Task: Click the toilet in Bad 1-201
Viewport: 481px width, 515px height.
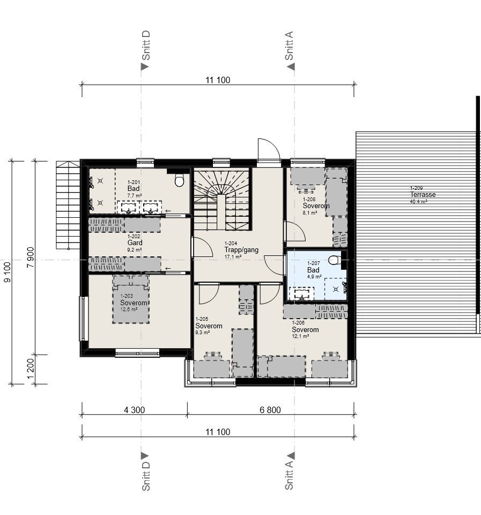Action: (179, 181)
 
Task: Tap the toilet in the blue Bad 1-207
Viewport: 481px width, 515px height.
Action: (334, 261)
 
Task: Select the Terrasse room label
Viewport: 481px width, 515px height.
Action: (423, 195)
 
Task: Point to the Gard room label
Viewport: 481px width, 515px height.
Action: (135, 242)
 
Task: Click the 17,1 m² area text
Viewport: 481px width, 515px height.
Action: (233, 257)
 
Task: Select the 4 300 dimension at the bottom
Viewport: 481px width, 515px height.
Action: (134, 410)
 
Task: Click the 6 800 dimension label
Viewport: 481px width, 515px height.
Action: (270, 410)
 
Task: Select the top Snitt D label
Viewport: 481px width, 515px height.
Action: (145, 45)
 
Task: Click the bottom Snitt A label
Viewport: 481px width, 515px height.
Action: (290, 475)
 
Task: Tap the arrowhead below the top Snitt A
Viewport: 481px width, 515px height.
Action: (291, 67)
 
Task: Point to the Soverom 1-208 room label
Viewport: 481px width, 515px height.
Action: (316, 205)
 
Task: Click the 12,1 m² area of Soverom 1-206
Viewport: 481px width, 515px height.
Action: (300, 336)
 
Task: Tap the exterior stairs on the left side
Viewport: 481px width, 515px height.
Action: (67, 204)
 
